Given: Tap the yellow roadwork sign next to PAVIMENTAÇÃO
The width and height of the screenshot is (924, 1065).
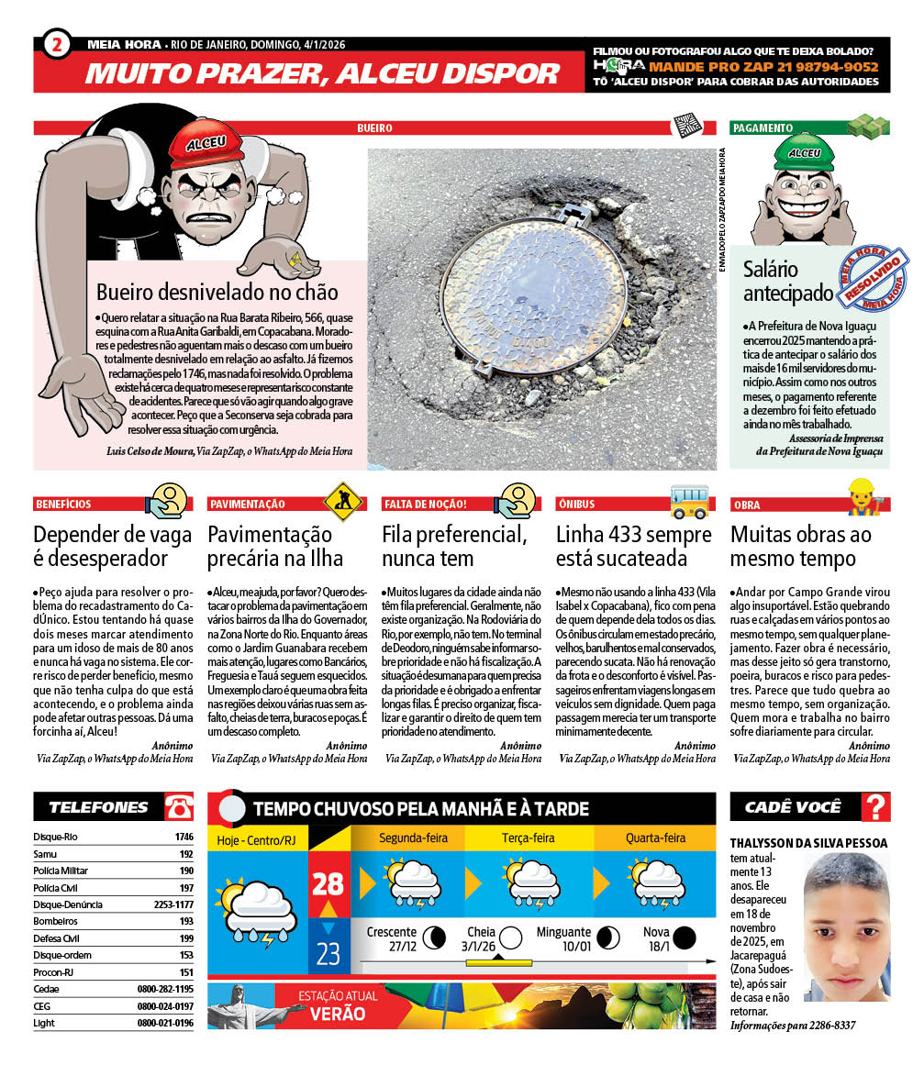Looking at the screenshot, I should tap(340, 501).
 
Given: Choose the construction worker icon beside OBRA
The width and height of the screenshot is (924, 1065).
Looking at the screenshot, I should tap(864, 501).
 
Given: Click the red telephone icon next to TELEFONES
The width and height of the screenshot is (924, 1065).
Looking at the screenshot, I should tap(179, 807).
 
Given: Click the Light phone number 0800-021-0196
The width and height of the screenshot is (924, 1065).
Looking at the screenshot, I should tap(165, 1023).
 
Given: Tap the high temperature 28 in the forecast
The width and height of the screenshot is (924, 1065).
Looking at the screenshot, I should tap(328, 883).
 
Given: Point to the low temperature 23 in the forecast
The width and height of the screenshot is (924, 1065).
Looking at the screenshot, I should tap(328, 953).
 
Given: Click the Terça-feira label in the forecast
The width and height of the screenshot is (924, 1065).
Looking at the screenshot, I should tap(528, 838).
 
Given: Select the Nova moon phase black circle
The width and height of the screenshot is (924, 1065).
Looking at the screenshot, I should tap(683, 937).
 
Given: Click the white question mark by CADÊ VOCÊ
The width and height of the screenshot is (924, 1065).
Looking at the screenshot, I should tap(877, 807).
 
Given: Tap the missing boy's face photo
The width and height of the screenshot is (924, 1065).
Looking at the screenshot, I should tap(847, 931).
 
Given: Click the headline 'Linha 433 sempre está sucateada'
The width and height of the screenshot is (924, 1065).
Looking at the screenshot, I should tap(633, 546).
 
